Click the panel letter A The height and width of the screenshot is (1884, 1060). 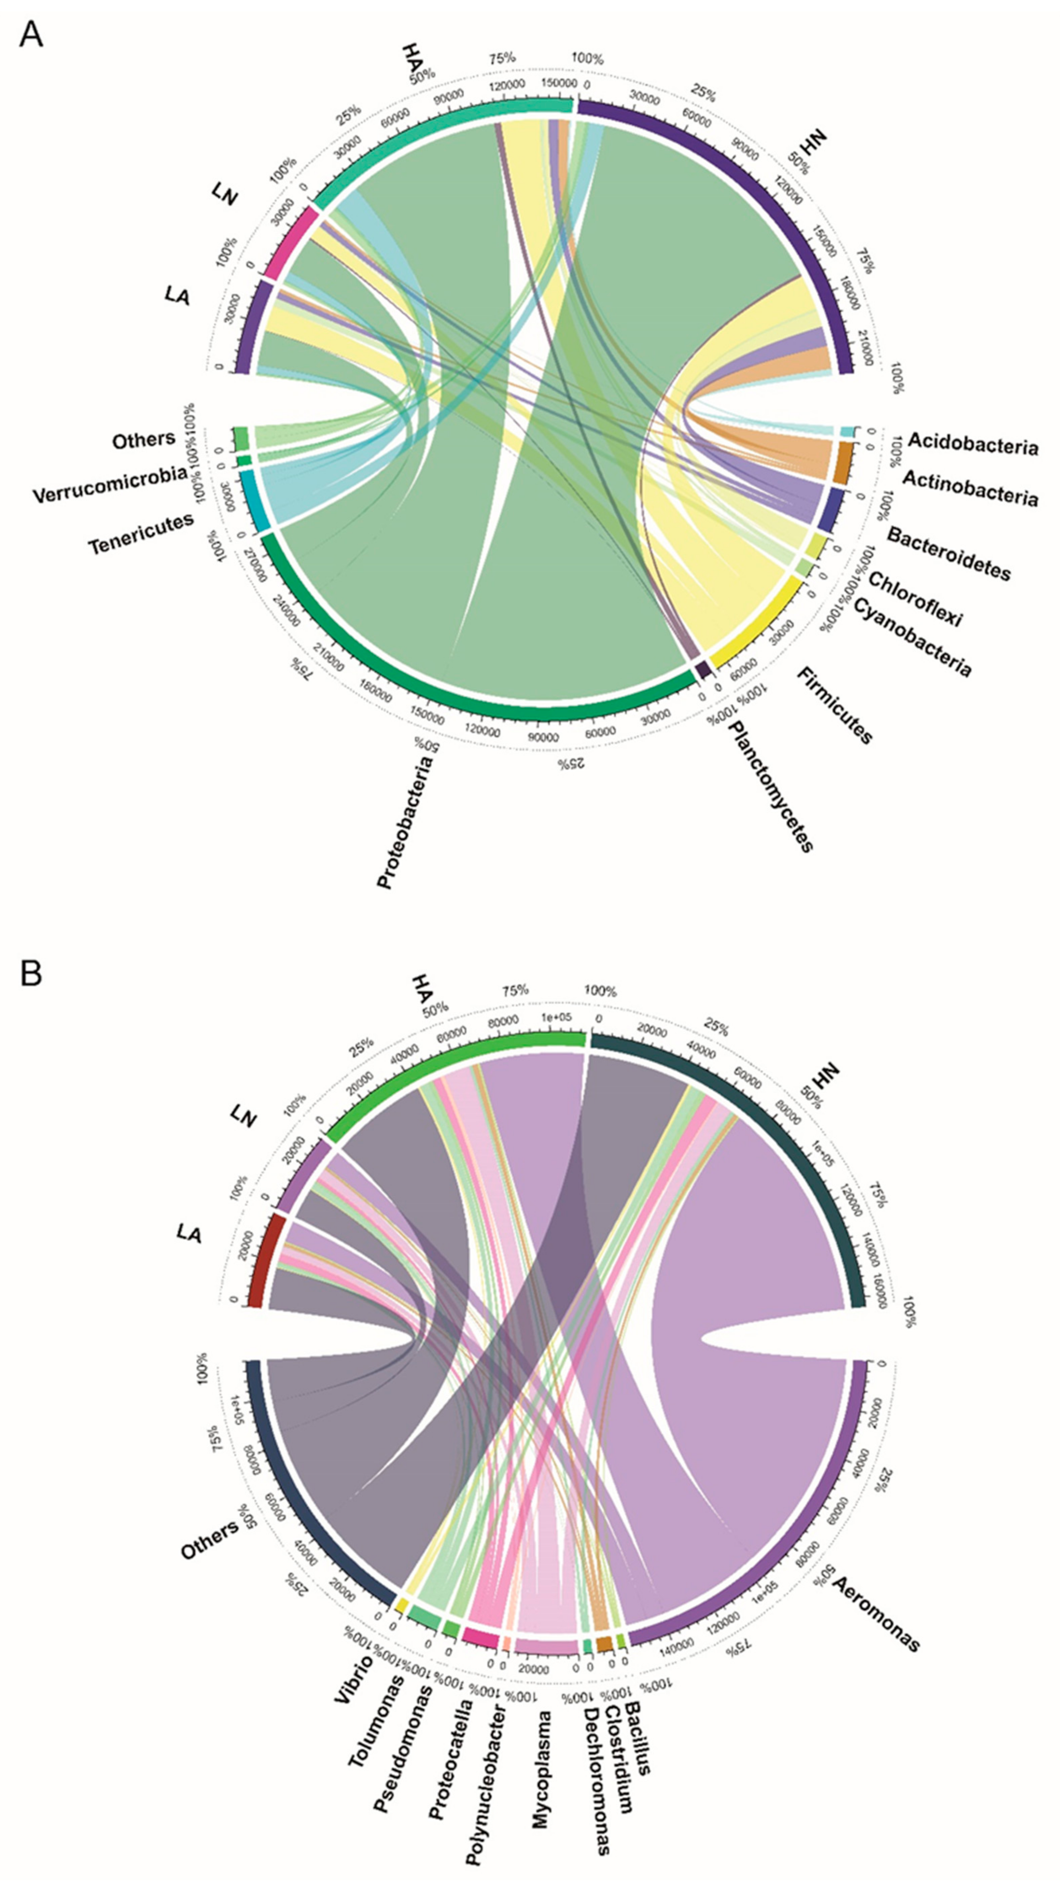31,34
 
